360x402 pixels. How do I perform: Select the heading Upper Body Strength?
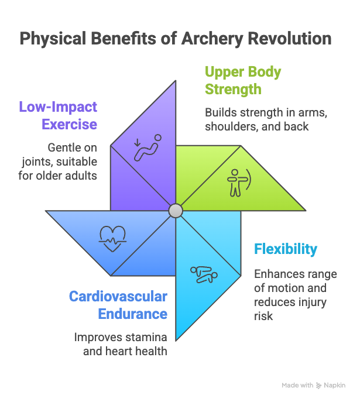click(242, 81)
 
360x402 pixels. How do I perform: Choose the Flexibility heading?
click(285, 249)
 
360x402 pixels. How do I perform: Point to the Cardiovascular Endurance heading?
click(118, 305)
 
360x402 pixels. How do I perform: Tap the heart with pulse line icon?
click(111, 236)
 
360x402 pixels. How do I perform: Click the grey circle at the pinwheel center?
click(176, 211)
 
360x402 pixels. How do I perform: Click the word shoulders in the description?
click(231, 127)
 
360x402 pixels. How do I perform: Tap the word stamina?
click(145, 338)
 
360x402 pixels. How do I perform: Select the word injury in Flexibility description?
click(314, 302)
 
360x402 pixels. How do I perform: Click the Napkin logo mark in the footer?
click(319, 386)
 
